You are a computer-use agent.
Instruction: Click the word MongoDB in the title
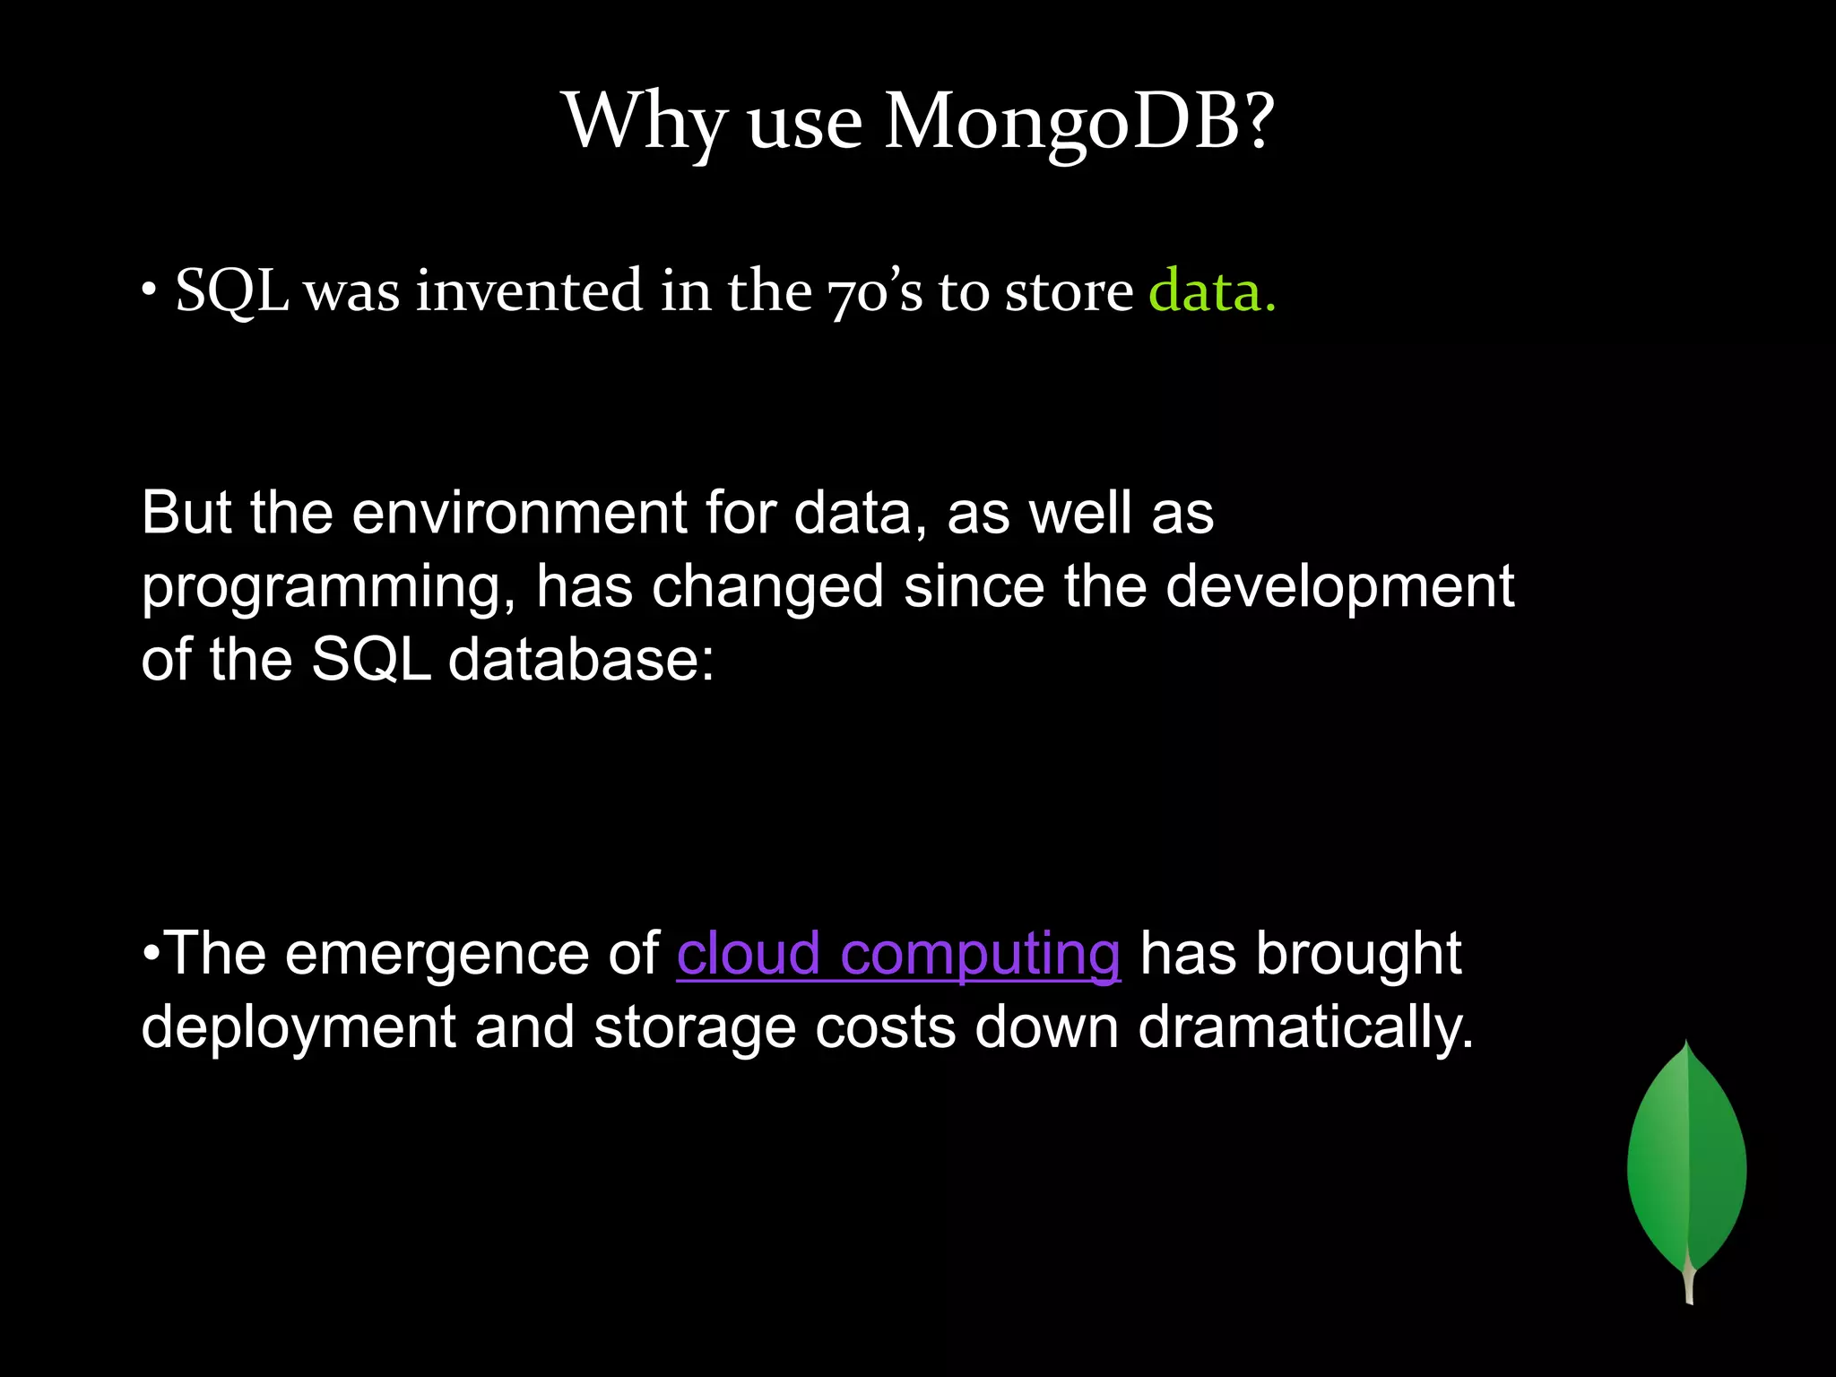[1078, 122]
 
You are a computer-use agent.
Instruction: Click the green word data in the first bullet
[1210, 292]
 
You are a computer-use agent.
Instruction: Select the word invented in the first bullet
[529, 290]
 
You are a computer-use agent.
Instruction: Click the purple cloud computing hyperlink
[898, 954]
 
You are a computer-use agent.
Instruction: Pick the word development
[1339, 587]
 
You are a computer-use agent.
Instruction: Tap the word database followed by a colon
[581, 661]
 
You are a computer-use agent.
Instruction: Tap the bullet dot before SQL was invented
[149, 292]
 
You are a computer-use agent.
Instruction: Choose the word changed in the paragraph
[767, 587]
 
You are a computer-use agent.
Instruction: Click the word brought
[1358, 954]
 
